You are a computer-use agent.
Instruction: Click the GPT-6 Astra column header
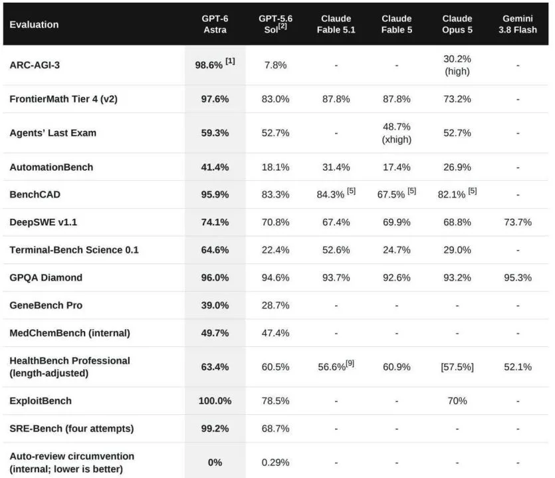tap(215, 24)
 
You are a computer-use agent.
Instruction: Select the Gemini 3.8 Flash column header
tap(518, 24)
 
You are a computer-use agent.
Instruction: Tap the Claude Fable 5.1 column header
tap(336, 24)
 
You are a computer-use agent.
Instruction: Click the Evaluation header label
tap(34, 25)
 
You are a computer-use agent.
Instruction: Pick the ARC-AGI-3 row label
tap(35, 65)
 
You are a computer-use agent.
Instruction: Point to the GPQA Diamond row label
tap(46, 277)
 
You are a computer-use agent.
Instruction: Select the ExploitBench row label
tap(41, 401)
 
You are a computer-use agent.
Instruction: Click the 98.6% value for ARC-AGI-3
tap(209, 65)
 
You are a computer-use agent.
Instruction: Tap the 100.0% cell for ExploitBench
tap(215, 401)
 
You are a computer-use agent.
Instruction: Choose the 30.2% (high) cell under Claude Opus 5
tap(457, 65)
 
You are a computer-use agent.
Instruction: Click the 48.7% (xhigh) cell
tap(396, 133)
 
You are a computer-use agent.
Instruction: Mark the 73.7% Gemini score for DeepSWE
tap(518, 222)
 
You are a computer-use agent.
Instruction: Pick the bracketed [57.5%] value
tap(457, 367)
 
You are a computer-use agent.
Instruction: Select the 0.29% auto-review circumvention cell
tap(275, 463)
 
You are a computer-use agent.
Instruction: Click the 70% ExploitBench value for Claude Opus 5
tap(457, 401)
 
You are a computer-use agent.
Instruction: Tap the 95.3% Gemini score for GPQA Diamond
tap(518, 277)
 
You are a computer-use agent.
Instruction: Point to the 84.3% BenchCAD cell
tap(330, 194)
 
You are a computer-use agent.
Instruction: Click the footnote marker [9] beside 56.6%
tap(350, 363)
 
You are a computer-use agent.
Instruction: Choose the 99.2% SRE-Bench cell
tap(215, 428)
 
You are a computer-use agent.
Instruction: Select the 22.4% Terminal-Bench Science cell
tap(275, 249)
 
